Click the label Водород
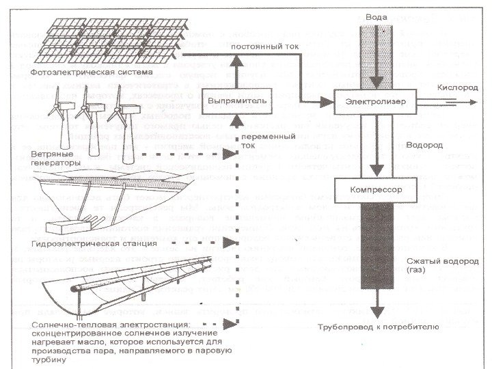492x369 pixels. tap(424, 146)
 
